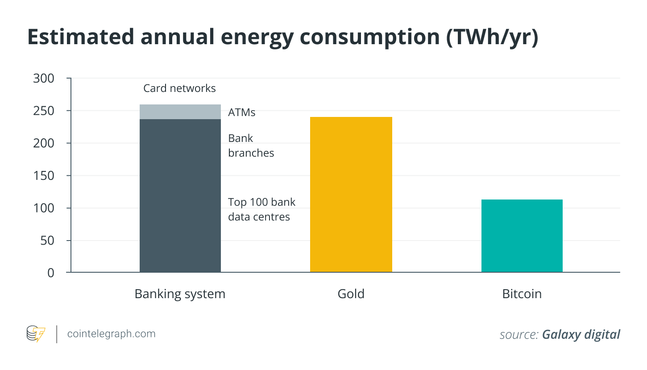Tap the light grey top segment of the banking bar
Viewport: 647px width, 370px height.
(180, 112)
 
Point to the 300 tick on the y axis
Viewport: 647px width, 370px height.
(44, 79)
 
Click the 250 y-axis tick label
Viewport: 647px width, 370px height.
(44, 111)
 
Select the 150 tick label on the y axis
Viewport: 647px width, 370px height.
(44, 175)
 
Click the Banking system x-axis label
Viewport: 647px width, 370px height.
(180, 294)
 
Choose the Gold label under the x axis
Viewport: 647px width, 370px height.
(351, 294)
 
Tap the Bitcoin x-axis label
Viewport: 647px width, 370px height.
(522, 294)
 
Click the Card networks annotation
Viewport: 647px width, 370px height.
(179, 88)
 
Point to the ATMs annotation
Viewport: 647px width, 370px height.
(242, 112)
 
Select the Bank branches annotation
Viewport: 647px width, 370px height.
(251, 146)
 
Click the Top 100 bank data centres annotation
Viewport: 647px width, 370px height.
(261, 209)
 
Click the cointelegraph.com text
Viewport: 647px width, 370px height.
(111, 333)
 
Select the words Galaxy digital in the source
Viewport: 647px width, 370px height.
(581, 334)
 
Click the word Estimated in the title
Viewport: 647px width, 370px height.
(80, 37)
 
